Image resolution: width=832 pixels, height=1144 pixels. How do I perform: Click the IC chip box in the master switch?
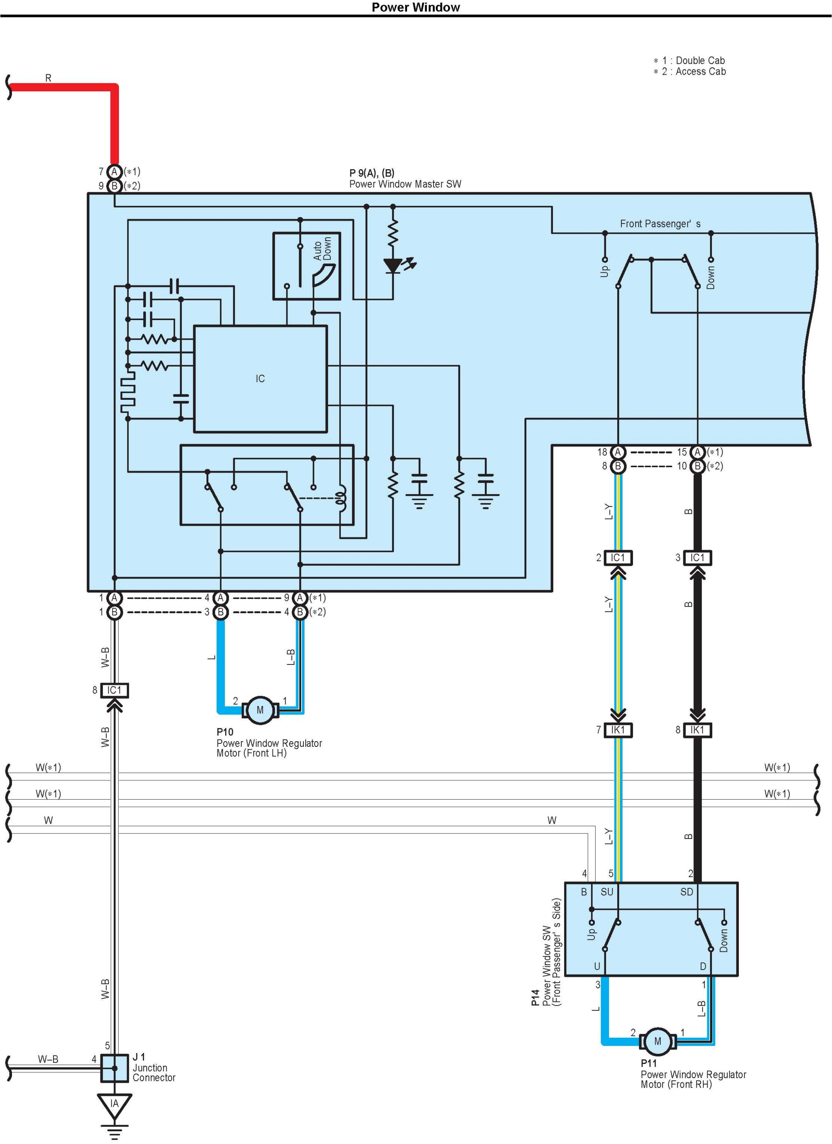[x=260, y=379]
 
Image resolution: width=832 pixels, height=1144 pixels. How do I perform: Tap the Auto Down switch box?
[x=306, y=266]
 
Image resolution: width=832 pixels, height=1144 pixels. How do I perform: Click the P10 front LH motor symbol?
[x=260, y=710]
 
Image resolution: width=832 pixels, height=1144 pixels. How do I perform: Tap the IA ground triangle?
[x=114, y=1104]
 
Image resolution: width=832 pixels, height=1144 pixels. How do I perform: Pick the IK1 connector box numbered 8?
[x=697, y=730]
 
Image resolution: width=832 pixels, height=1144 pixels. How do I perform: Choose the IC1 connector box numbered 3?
[x=697, y=557]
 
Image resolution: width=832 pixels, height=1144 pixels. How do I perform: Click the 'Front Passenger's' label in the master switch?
[x=660, y=224]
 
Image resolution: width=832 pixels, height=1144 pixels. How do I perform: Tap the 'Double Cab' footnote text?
[x=700, y=60]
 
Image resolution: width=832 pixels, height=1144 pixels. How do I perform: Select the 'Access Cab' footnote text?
[x=700, y=72]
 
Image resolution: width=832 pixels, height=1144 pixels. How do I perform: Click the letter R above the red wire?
[x=49, y=78]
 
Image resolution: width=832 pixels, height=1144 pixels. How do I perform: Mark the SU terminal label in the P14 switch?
[x=607, y=892]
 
